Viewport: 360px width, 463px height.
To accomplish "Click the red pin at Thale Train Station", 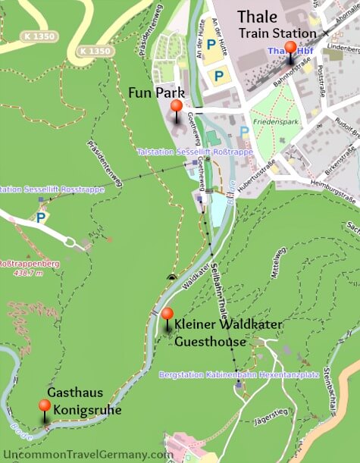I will (x=290, y=47).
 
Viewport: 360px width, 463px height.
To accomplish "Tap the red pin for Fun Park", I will (x=177, y=106).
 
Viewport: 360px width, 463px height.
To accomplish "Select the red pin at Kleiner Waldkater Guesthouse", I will (x=167, y=314).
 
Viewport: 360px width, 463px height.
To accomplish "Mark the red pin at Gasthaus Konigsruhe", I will (x=45, y=406).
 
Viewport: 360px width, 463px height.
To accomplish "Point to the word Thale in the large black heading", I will (x=258, y=17).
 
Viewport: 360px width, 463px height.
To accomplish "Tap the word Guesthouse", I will (x=211, y=342).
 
